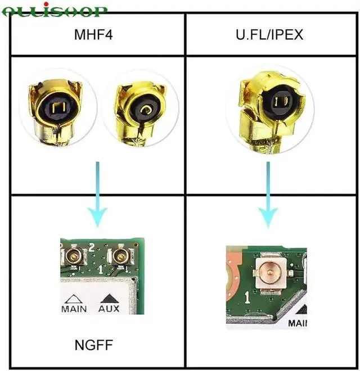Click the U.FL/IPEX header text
(269, 35)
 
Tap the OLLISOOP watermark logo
(55, 10)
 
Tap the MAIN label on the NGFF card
(74, 308)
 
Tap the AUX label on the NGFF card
(110, 308)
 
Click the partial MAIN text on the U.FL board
(299, 323)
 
